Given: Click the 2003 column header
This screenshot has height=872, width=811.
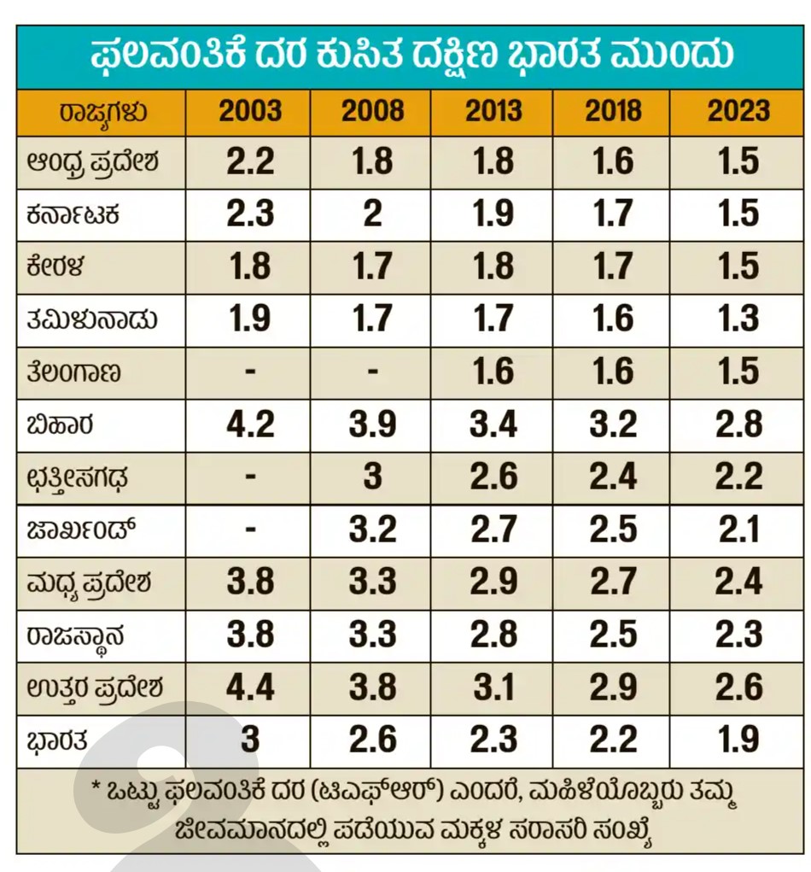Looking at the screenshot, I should [x=250, y=112].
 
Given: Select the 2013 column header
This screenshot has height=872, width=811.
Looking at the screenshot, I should [x=493, y=112].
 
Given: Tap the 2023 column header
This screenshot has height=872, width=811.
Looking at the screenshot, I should [x=738, y=112].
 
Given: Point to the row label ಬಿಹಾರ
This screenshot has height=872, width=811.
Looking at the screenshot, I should [x=60, y=424].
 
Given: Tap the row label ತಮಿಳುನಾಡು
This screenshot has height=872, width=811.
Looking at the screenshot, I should [x=90, y=319].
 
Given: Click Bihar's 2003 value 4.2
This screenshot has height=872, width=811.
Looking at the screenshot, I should [x=250, y=424].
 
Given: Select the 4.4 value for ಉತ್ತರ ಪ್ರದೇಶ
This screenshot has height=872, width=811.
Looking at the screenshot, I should [x=250, y=688].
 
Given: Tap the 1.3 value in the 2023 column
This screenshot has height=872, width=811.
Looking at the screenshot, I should [x=738, y=319].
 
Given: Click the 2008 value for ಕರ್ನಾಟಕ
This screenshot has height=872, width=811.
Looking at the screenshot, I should [x=373, y=214].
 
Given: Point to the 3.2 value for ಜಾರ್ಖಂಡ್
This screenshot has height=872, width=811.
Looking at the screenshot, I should [x=373, y=530].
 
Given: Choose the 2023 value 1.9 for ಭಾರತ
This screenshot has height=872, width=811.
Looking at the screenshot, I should [x=738, y=740].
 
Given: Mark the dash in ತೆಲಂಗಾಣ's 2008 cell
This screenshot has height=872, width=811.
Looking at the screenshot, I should [x=373, y=372].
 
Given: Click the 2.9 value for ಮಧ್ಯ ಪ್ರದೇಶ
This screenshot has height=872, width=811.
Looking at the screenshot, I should [x=493, y=582].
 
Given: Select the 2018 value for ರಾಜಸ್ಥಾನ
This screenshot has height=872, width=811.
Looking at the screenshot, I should [x=613, y=635].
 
